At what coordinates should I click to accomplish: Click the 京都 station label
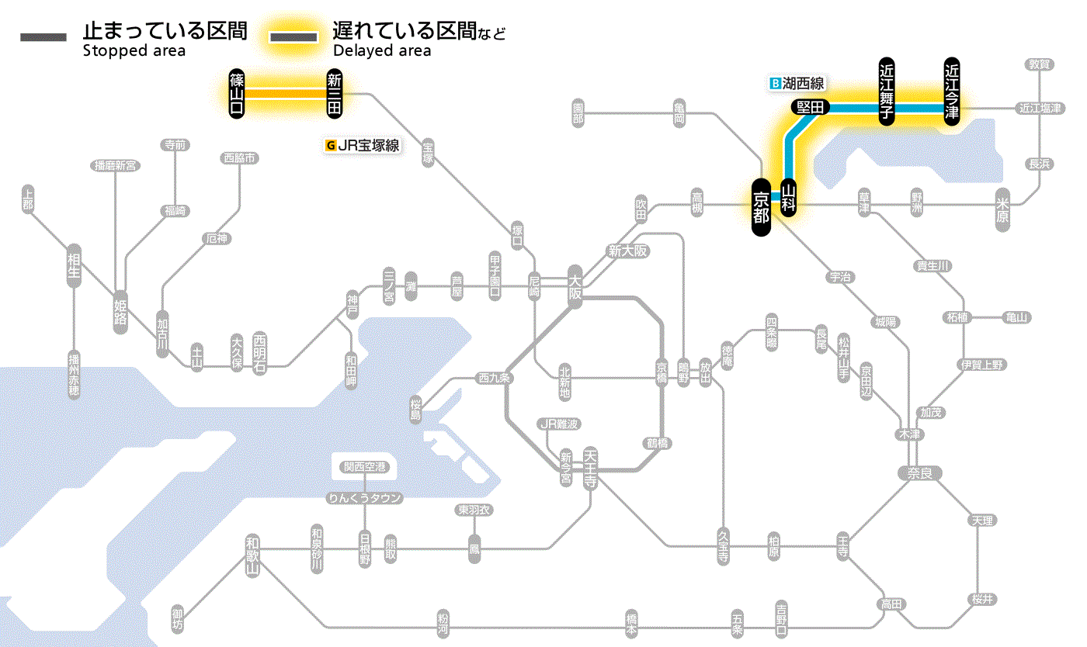pyautogui.click(x=761, y=208)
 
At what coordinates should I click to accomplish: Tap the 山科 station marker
pyautogui.click(x=789, y=198)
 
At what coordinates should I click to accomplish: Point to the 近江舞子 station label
pyautogui.click(x=886, y=91)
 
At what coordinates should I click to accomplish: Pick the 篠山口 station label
pyautogui.click(x=237, y=94)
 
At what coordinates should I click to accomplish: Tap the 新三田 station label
pyautogui.click(x=335, y=94)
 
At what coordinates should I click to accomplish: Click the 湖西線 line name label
pyautogui.click(x=803, y=83)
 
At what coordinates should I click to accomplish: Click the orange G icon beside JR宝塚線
pyautogui.click(x=332, y=144)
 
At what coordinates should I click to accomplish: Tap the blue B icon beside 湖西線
pyautogui.click(x=774, y=83)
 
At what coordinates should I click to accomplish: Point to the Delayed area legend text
pyautogui.click(x=382, y=51)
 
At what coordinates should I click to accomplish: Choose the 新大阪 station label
pyautogui.click(x=627, y=251)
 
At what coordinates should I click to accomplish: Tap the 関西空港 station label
pyautogui.click(x=365, y=467)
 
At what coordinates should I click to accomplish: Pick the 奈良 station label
pyautogui.click(x=919, y=472)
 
